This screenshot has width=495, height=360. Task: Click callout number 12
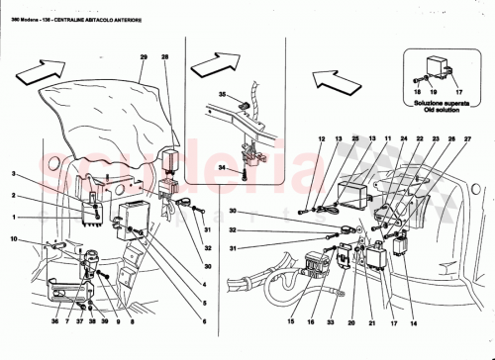point(322,139)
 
